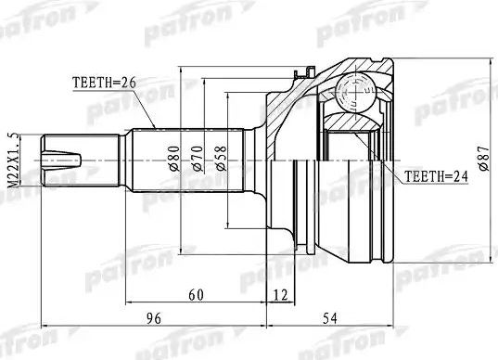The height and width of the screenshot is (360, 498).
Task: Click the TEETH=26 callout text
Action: click(x=104, y=82)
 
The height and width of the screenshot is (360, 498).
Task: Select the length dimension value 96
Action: click(x=154, y=320)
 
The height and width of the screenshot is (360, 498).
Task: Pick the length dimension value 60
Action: click(x=196, y=295)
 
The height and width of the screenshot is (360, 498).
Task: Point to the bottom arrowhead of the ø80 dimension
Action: click(x=179, y=250)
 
